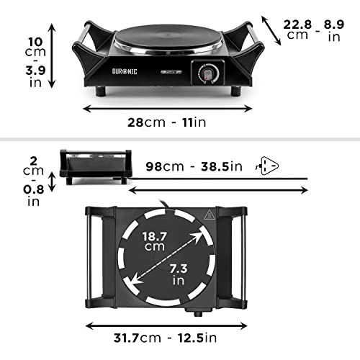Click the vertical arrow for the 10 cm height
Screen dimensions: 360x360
click(x=51, y=55)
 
